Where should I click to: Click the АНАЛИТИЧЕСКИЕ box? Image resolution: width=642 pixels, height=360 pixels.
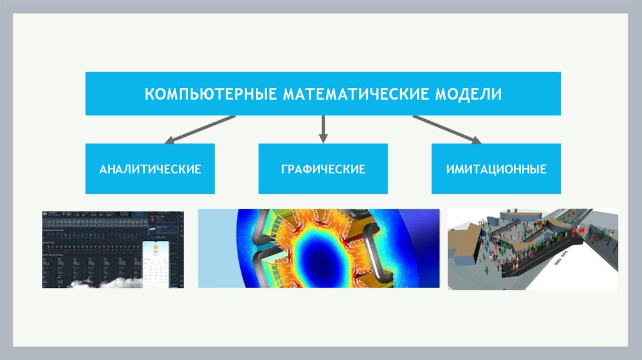click(x=150, y=169)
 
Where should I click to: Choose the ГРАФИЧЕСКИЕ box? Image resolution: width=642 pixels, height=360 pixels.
click(x=323, y=169)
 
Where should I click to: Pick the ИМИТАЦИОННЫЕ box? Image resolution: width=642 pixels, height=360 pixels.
click(x=496, y=169)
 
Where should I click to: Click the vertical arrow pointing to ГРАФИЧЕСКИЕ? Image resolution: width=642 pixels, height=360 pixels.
click(x=323, y=127)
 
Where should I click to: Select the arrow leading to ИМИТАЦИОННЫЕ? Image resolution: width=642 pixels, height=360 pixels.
click(x=445, y=129)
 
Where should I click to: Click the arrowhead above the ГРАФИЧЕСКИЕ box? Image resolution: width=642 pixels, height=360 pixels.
click(x=323, y=137)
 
